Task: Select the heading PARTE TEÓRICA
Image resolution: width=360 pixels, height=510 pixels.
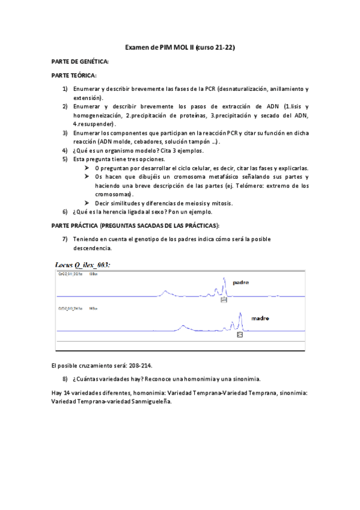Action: point(74,75)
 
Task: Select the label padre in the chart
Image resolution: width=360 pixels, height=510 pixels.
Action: point(240,282)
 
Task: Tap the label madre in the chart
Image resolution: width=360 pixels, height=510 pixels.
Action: point(260,318)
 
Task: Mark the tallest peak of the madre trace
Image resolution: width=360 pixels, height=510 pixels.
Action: point(239,315)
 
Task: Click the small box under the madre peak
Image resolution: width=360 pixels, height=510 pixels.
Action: point(239,334)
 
